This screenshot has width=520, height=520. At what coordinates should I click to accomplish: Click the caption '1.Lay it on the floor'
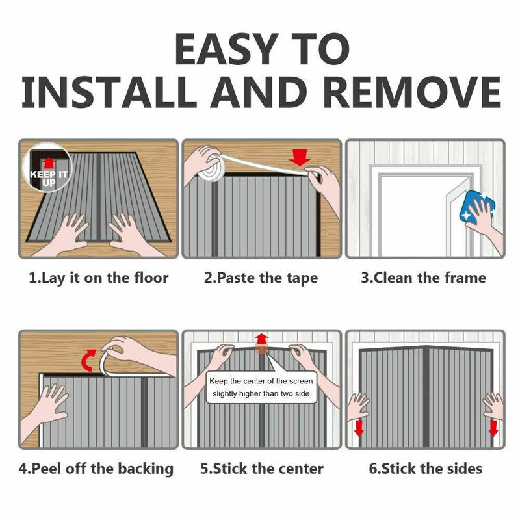99,278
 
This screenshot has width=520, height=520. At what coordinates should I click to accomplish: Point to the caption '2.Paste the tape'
261,278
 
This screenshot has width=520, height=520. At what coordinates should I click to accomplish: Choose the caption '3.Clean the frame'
424,278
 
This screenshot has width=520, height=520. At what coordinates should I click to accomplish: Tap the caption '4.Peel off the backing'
96,469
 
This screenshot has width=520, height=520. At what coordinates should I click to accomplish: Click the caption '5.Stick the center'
262,469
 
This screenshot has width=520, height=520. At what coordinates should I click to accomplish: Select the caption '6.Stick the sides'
426,469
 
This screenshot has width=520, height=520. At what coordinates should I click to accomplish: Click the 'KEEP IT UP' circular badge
47,168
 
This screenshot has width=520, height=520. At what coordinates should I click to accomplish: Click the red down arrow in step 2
299,157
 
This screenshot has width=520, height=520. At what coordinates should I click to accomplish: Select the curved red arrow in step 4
88,360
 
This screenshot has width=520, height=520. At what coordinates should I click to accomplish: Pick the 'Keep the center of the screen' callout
261,387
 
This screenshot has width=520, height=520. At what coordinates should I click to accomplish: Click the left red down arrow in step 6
359,428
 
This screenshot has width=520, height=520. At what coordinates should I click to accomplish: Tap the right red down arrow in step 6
493,428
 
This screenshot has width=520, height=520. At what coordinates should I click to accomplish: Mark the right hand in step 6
494,406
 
